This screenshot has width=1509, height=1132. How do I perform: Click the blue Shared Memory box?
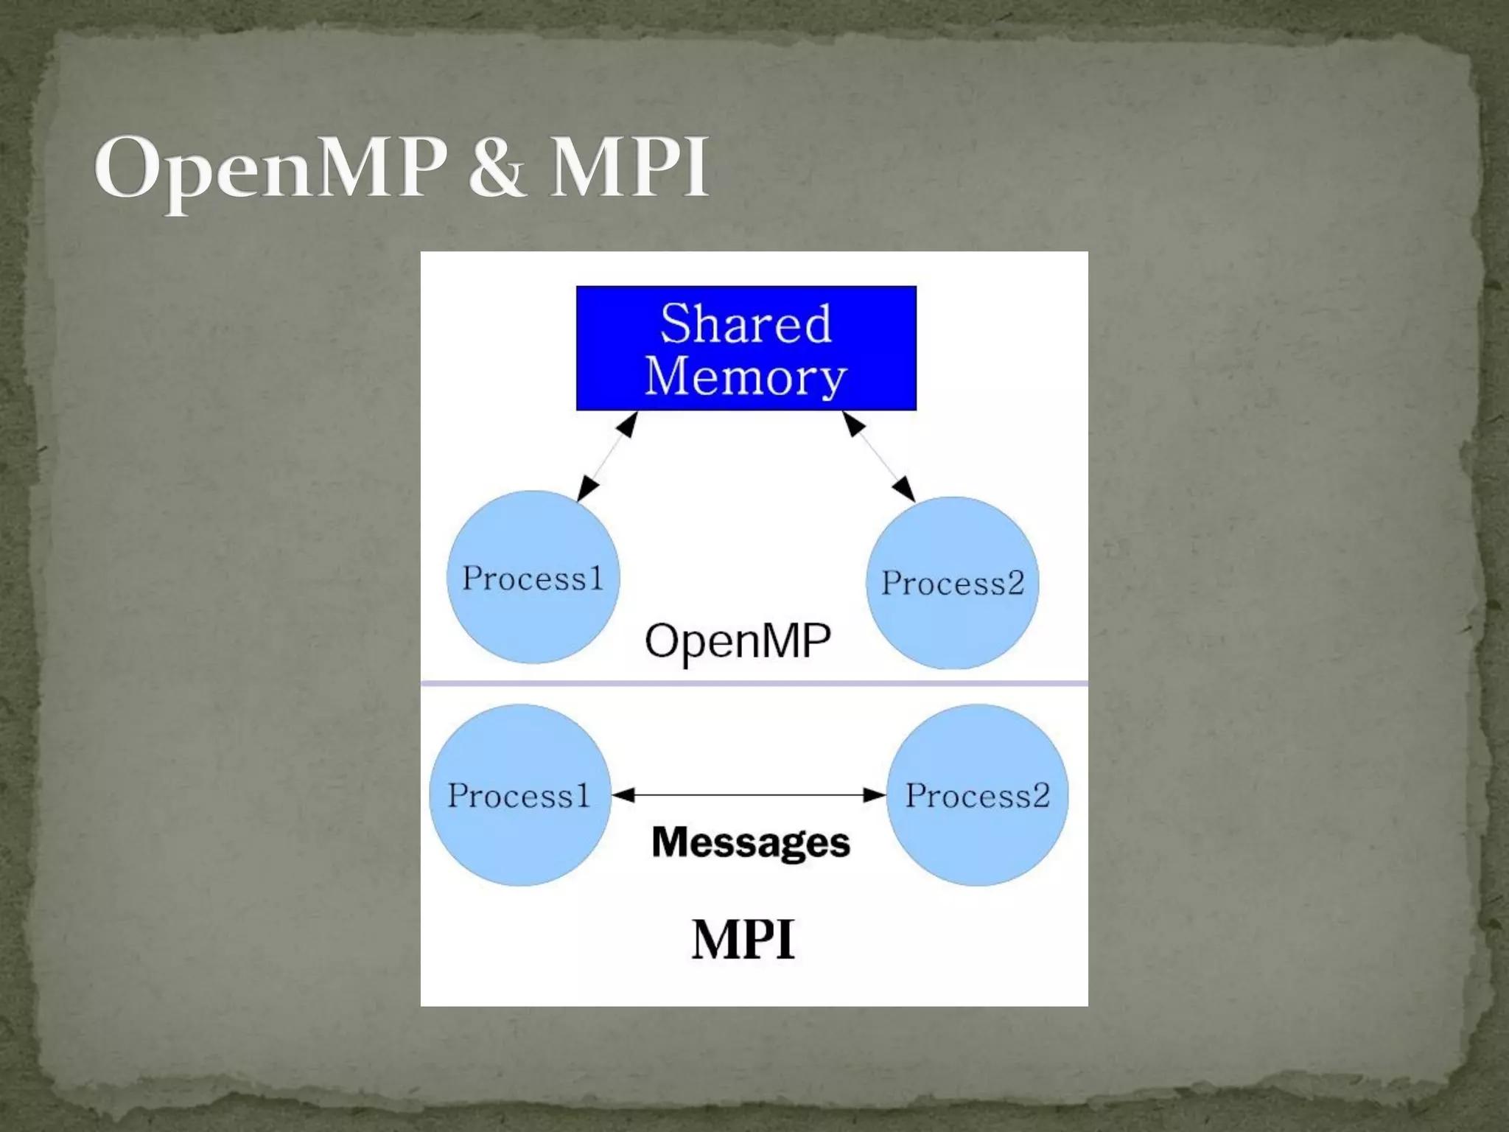click(x=746, y=348)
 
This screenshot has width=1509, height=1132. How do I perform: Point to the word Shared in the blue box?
click(x=746, y=324)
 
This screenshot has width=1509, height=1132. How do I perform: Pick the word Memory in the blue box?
click(x=746, y=376)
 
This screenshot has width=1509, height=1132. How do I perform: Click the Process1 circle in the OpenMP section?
click(x=533, y=578)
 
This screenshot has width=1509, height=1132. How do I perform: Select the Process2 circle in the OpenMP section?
click(x=952, y=583)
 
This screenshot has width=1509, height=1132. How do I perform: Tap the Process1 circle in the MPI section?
click(x=519, y=795)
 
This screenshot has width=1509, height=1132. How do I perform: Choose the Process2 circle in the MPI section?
click(x=977, y=795)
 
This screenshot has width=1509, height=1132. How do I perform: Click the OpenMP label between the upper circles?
click(x=738, y=640)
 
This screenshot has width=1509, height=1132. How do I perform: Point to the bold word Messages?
click(x=751, y=842)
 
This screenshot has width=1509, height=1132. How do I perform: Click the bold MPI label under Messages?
click(x=743, y=940)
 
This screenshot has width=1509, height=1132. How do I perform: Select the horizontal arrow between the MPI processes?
click(x=748, y=794)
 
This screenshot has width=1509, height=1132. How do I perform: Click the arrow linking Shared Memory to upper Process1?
click(x=607, y=457)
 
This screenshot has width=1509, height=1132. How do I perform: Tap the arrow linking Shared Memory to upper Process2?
click(x=878, y=457)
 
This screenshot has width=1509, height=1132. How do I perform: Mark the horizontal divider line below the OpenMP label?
click(x=754, y=683)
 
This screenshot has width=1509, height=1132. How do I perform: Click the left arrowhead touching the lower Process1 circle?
click(x=623, y=794)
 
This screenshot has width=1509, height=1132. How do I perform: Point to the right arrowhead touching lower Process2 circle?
click(x=874, y=794)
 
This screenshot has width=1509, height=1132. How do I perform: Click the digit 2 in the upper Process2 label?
click(x=1015, y=583)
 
